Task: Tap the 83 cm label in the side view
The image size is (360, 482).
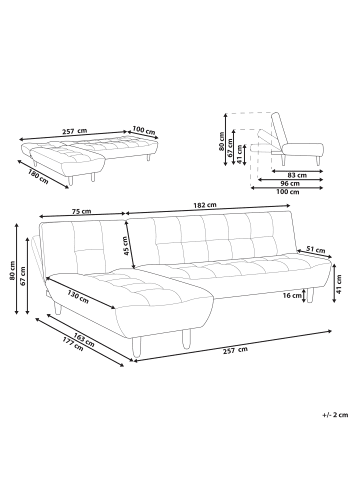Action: [x=298, y=175]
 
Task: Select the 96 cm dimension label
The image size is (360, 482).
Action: [x=290, y=184]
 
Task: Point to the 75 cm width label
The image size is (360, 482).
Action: [x=81, y=211]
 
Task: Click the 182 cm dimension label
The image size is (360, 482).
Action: [x=205, y=205]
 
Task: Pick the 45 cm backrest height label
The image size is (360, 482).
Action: [x=125, y=246]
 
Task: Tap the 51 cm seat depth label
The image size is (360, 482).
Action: [x=315, y=250]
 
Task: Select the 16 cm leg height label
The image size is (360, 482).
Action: [x=292, y=295]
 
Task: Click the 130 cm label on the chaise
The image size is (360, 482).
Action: [x=78, y=296]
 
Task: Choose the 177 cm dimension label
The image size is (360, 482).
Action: [x=73, y=344]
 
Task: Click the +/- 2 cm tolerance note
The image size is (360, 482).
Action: [x=335, y=415]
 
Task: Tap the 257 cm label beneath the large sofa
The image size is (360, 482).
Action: [x=236, y=350]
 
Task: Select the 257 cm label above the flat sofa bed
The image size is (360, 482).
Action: [x=75, y=131]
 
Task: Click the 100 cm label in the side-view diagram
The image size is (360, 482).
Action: [x=288, y=192]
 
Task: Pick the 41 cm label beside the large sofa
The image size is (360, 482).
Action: [x=339, y=283]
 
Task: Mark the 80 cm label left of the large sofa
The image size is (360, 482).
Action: [x=12, y=270]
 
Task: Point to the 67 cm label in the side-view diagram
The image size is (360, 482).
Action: [x=230, y=147]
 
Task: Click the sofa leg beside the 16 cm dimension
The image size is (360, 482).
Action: [x=310, y=295]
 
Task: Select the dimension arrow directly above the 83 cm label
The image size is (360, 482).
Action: [x=297, y=171]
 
